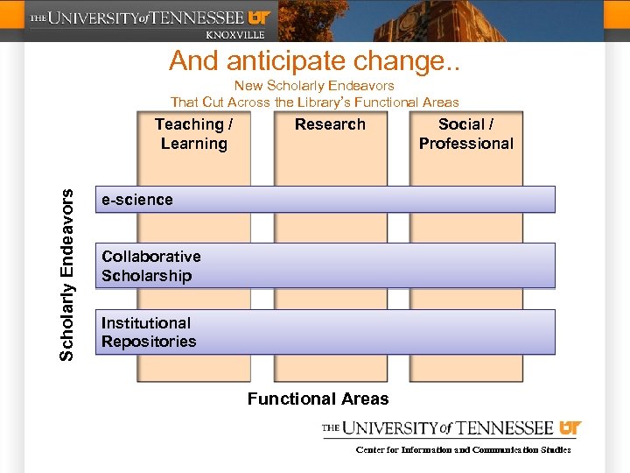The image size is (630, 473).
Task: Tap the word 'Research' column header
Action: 330,124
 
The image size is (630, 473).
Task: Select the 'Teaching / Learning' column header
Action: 193,134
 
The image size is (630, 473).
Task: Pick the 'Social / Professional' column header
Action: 465,134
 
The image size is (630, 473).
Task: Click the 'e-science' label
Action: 137,200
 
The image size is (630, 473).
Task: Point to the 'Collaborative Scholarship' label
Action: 150,266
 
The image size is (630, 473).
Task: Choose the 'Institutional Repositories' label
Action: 149,333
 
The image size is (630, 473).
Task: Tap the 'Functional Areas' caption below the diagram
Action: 318,399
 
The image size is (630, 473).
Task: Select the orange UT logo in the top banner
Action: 260,17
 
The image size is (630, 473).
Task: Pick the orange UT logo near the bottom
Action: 570,428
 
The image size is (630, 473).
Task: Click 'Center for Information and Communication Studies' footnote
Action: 463,450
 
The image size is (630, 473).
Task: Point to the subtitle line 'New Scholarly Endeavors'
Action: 314,86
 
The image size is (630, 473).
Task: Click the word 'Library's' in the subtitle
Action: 329,102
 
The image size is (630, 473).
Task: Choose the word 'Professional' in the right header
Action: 465,144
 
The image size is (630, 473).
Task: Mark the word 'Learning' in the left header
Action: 193,144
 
